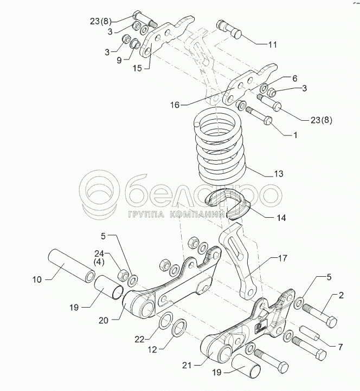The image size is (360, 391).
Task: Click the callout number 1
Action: click(295, 135)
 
